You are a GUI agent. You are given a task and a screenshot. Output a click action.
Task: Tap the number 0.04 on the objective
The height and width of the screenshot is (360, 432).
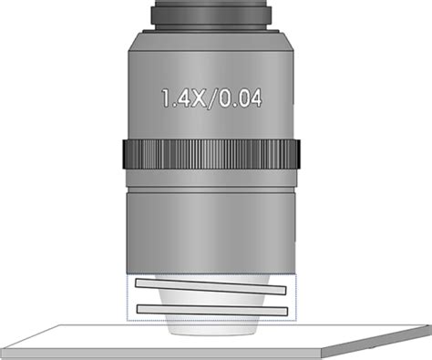point(240,98)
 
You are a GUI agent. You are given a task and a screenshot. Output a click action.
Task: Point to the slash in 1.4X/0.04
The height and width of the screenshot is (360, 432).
point(212,98)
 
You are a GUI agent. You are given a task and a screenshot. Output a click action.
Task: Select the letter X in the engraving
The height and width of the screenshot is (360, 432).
point(198,98)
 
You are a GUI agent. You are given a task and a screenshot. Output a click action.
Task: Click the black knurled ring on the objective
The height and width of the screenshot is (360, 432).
point(211,154)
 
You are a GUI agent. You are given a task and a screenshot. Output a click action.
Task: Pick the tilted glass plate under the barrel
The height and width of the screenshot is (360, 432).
point(211,287)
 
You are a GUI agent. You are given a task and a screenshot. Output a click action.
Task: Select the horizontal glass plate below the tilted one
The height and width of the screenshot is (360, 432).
point(212,310)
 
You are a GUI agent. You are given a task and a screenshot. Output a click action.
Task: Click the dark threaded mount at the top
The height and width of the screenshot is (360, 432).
point(211,15)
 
